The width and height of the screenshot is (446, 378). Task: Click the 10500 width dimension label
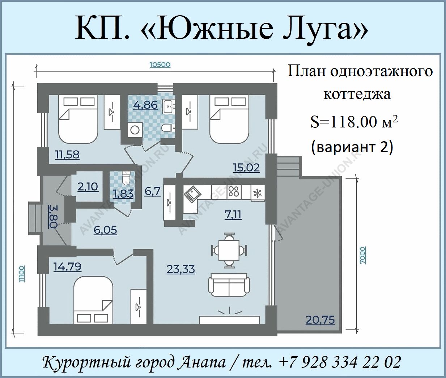(x=160, y=64)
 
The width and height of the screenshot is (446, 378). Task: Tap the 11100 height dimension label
(x=22, y=274)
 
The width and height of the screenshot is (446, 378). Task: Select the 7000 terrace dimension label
(x=363, y=255)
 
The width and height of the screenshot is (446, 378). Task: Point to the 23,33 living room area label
(x=181, y=269)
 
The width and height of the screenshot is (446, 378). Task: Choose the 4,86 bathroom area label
(x=145, y=105)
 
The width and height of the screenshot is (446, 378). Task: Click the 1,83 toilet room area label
(x=123, y=193)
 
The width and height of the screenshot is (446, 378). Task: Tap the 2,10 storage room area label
(x=88, y=187)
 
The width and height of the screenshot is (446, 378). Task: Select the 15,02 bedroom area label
(x=246, y=167)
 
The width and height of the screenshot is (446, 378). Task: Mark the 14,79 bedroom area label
(x=67, y=266)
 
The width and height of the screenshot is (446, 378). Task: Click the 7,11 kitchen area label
(x=233, y=215)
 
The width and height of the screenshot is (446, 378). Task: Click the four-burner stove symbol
(x=234, y=191)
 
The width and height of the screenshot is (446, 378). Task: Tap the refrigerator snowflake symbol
(x=258, y=193)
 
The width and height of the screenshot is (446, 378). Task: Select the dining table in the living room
(x=229, y=250)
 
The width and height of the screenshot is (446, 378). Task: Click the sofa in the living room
(x=229, y=285)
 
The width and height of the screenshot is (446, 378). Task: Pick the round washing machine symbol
(x=135, y=130)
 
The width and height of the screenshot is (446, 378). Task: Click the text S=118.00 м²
(x=354, y=122)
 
